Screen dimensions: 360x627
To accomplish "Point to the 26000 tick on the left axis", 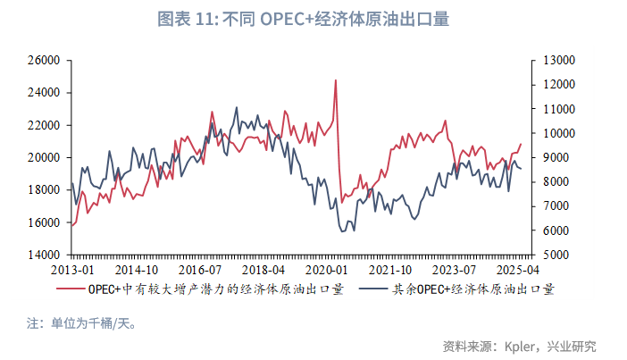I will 43,61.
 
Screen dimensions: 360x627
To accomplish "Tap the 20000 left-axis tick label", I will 43,158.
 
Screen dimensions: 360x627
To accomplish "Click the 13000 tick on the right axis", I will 557,61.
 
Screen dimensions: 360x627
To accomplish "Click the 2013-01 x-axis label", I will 72,270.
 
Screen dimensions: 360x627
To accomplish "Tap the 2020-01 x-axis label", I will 327,270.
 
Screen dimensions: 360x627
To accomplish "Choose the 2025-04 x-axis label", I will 517,270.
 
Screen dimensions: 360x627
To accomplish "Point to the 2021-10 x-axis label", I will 390,270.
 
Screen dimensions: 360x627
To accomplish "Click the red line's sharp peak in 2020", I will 336,80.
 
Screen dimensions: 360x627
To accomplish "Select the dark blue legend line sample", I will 373,289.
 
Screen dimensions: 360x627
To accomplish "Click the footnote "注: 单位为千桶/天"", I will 81,322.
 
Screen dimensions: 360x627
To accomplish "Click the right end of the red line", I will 521,144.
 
